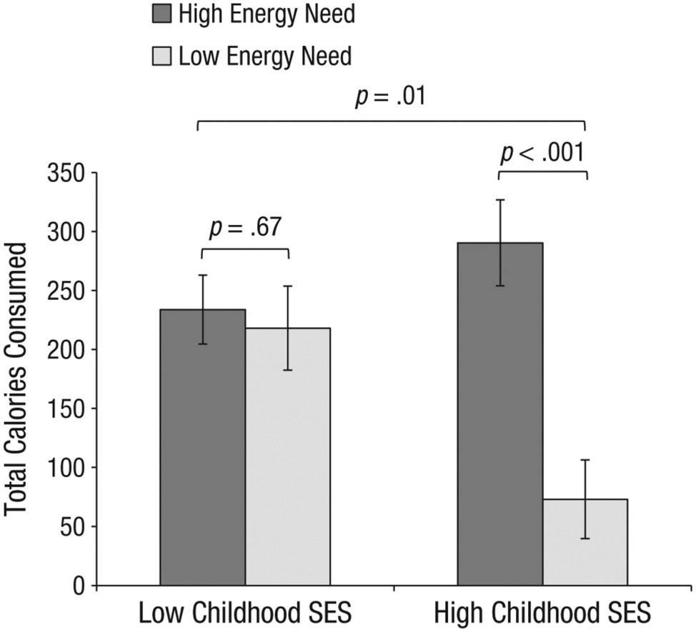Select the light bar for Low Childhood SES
287,456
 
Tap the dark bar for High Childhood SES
500,414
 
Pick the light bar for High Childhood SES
585,542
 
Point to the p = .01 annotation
390,96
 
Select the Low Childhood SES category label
244,613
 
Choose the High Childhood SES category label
542,613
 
